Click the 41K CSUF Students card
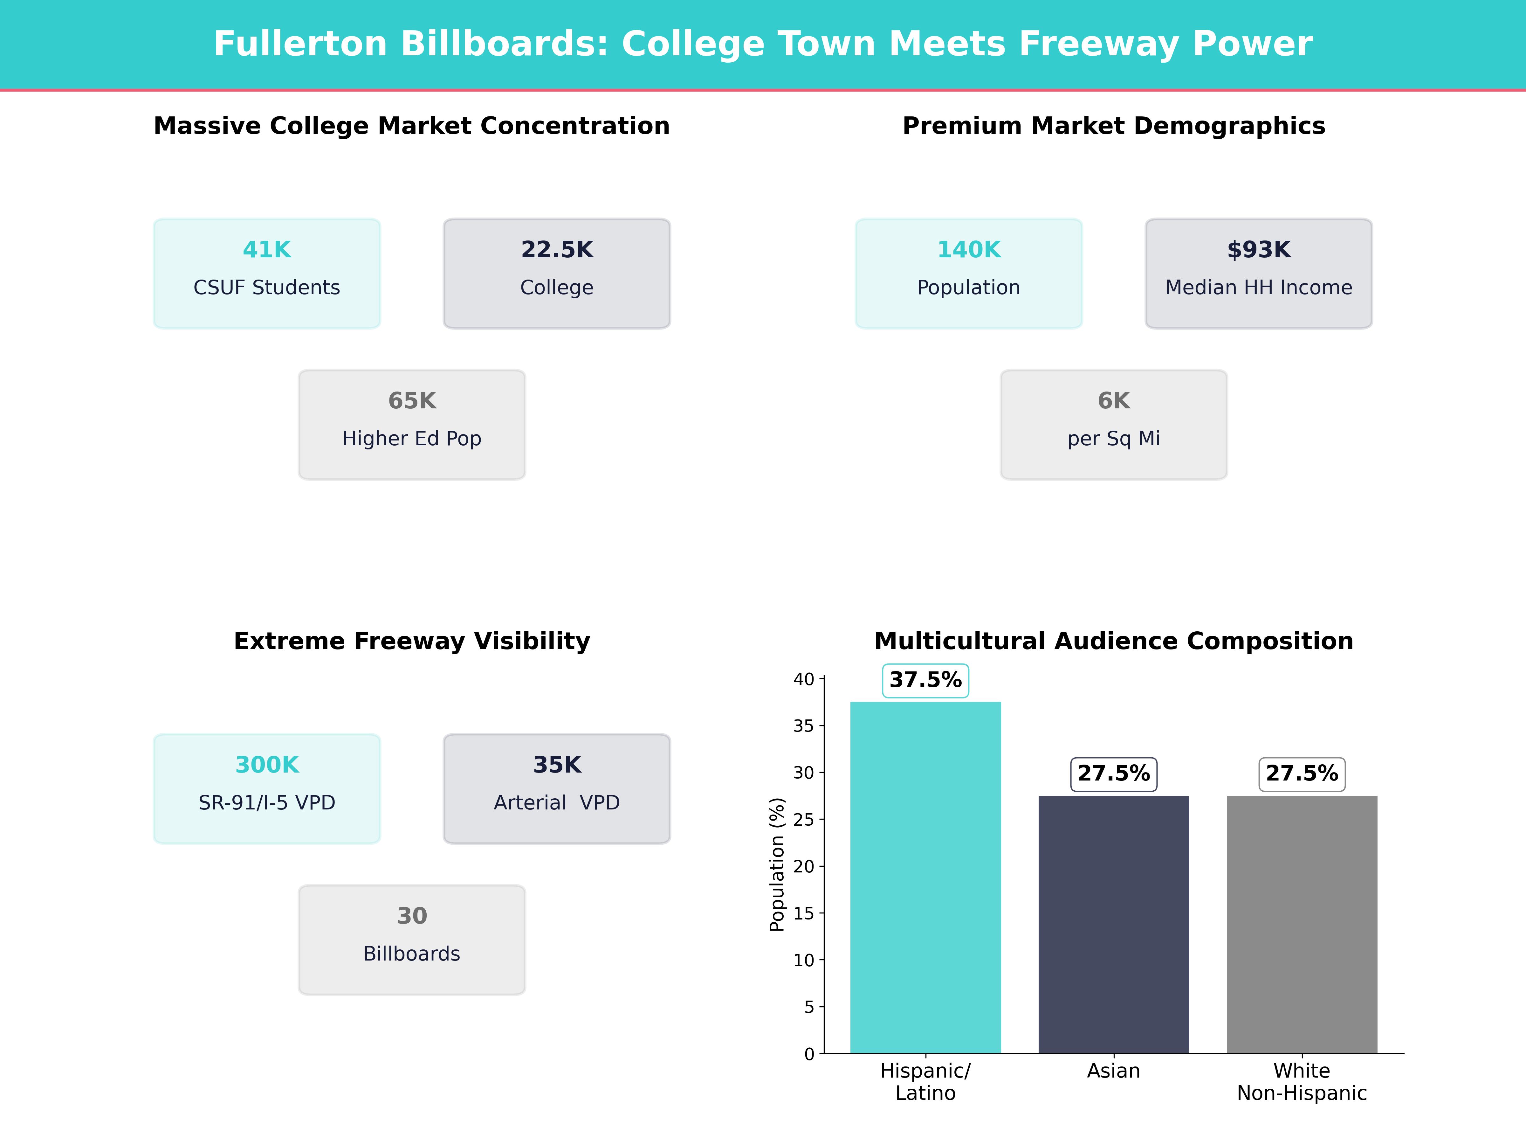pos(267,273)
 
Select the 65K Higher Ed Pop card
pos(412,425)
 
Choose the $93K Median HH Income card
pos(1258,273)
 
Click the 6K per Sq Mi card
pos(1113,425)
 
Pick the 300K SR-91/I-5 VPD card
pos(267,788)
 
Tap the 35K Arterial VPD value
pos(557,765)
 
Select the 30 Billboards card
pos(412,939)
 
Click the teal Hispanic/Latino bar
pos(925,877)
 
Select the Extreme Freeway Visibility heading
pos(412,641)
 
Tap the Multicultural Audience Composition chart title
pos(1113,641)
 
